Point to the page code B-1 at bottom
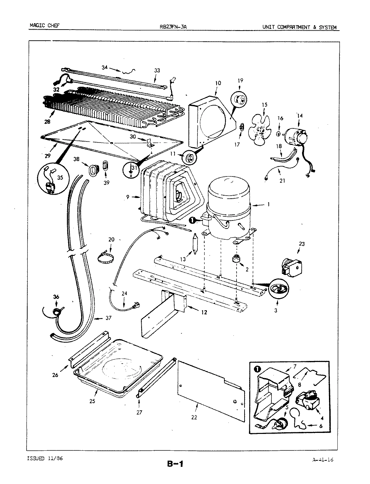175,465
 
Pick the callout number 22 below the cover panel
194,418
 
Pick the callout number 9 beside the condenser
128,197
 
